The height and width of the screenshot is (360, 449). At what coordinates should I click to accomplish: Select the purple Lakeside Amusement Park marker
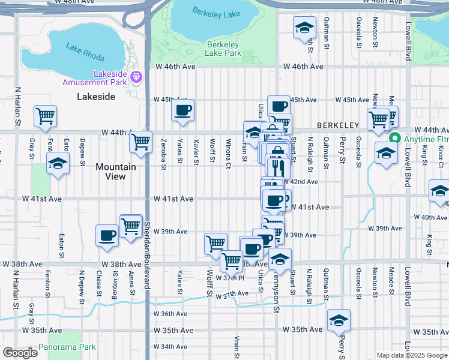point(136,77)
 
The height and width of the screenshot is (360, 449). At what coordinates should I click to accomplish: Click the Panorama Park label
point(67,347)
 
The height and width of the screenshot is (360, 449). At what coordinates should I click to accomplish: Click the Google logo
point(20,353)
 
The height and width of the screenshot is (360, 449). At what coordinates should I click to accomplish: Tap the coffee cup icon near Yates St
point(183,110)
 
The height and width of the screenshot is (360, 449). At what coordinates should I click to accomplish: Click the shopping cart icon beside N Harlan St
point(45,116)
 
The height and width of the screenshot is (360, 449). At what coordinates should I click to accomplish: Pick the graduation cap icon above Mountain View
point(58,163)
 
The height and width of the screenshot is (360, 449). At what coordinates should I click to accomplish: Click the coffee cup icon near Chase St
point(107,235)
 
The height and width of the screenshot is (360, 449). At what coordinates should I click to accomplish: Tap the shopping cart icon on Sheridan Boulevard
point(140,142)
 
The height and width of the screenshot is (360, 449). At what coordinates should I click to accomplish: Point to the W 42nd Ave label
point(301,182)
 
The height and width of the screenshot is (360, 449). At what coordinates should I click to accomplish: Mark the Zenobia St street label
point(163,151)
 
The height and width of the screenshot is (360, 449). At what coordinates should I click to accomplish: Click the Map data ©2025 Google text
point(411,355)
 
